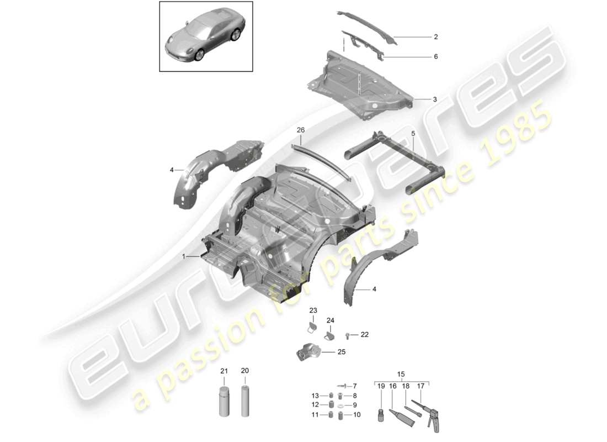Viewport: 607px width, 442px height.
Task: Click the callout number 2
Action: tap(435, 37)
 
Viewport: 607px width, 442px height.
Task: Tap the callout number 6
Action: tap(435, 56)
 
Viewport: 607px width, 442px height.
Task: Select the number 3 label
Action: tap(434, 99)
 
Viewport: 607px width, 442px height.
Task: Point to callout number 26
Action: tap(300, 130)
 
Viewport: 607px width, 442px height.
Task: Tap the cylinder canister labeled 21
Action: tap(224, 403)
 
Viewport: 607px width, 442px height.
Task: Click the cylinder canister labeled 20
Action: tap(245, 403)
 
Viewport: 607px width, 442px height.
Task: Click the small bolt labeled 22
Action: tap(348, 334)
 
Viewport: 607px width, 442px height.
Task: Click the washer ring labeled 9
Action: tap(340, 405)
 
